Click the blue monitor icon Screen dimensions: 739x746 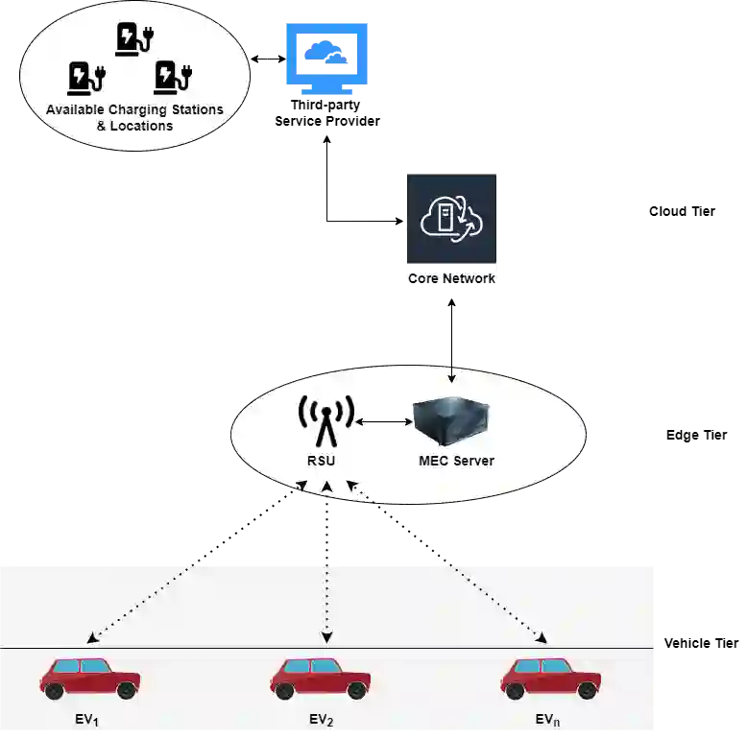click(326, 60)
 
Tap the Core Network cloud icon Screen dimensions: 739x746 click(451, 218)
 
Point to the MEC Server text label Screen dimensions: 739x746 click(456, 461)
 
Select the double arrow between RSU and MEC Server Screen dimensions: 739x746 click(383, 421)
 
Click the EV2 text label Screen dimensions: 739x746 click(321, 720)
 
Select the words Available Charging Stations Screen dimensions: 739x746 click(134, 109)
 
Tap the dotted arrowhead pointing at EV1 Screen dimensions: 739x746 click(92, 637)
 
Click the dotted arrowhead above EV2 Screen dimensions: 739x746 click(326, 637)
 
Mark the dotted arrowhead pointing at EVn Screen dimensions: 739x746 click(541, 637)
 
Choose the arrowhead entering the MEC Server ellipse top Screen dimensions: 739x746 click(452, 379)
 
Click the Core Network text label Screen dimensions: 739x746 click(451, 278)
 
